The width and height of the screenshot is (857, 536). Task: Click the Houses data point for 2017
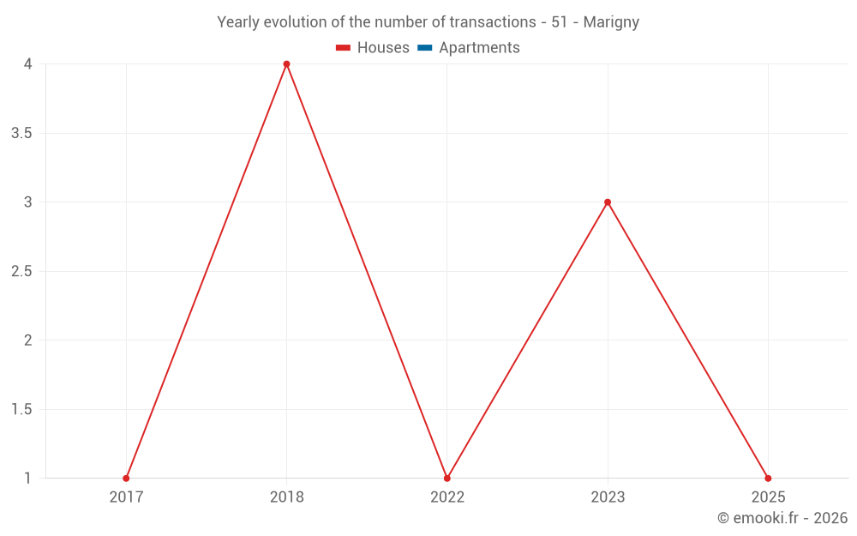(126, 478)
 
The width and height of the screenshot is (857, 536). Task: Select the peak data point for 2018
(286, 64)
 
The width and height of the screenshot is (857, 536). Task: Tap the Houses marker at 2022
(446, 478)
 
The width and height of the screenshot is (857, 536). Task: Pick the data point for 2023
(608, 202)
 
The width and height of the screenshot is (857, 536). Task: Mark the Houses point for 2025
(768, 478)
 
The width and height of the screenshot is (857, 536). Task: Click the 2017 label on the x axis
(126, 497)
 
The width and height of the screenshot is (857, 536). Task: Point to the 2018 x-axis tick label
(286, 497)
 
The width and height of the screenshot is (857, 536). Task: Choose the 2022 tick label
(446, 497)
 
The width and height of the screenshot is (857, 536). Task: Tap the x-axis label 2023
(608, 497)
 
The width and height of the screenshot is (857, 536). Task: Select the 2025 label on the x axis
(768, 497)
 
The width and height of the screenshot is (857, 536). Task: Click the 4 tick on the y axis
(27, 64)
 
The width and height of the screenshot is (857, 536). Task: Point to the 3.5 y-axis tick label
(22, 133)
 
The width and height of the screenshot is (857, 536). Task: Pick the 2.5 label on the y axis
(22, 271)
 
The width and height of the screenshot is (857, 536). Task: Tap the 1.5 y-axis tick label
(22, 409)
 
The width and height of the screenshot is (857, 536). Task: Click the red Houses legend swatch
(344, 48)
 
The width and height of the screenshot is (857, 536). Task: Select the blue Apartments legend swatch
(425, 48)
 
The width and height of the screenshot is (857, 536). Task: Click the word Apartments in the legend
(479, 48)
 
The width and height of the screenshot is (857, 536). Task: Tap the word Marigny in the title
(611, 22)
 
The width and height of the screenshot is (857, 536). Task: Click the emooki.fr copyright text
(782, 518)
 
